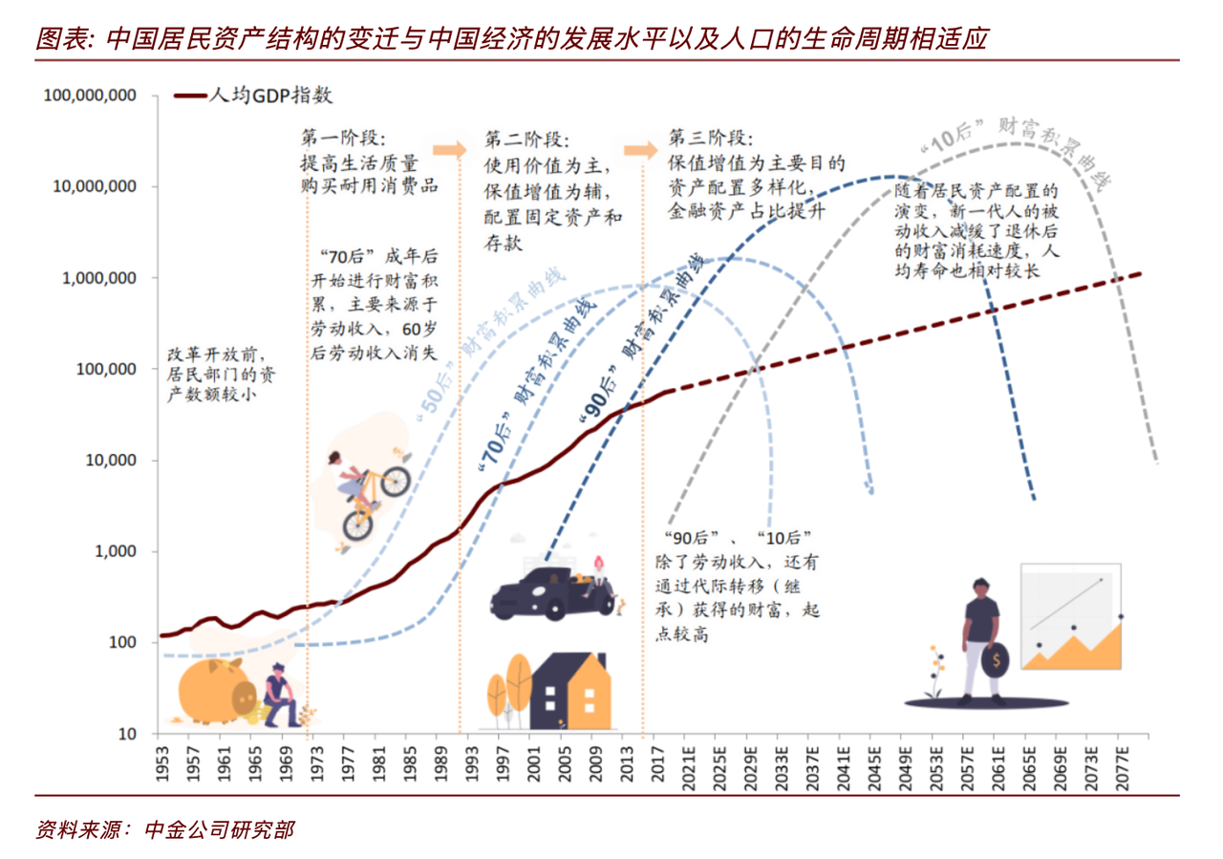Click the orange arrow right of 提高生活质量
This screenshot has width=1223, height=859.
tap(449, 150)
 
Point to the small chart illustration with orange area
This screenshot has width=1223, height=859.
tap(1070, 616)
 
